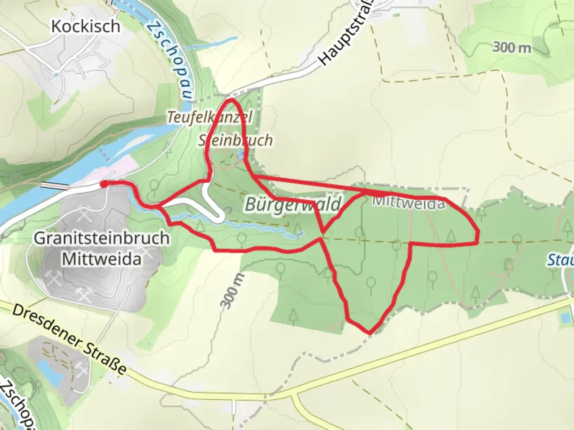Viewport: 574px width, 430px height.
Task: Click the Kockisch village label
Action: (x=86, y=26)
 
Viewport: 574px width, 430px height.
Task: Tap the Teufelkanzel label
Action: (x=209, y=117)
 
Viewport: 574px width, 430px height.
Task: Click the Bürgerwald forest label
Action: (x=293, y=204)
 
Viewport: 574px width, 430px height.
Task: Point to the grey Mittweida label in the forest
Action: (x=408, y=203)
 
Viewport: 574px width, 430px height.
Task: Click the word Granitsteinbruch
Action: (x=101, y=238)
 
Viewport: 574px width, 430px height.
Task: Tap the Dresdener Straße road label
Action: (x=69, y=340)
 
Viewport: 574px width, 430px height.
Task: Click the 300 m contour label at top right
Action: (x=512, y=48)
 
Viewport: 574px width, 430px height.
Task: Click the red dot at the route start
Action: (x=103, y=184)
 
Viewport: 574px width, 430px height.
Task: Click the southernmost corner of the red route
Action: (x=370, y=332)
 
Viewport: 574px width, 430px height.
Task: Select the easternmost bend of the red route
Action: (x=478, y=235)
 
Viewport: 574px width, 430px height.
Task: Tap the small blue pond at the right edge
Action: (x=564, y=318)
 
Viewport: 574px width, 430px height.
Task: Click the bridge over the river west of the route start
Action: (x=55, y=186)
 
